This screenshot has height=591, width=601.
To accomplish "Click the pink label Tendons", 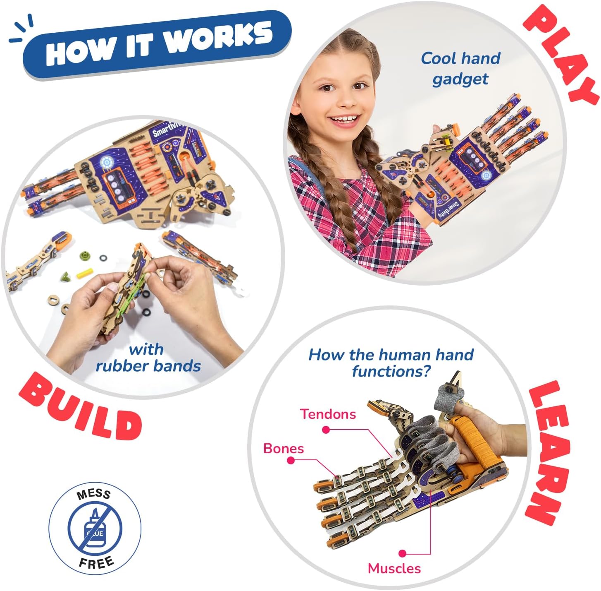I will (x=328, y=414).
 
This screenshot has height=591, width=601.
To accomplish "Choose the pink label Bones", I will (x=284, y=449).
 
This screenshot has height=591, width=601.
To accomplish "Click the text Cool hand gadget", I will (x=460, y=68).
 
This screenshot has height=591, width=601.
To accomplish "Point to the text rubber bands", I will (x=148, y=366).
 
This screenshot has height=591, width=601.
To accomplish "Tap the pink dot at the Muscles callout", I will (x=403, y=553).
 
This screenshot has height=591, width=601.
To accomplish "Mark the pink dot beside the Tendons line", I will (x=326, y=430).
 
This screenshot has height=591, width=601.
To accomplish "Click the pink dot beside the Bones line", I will (x=291, y=460).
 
